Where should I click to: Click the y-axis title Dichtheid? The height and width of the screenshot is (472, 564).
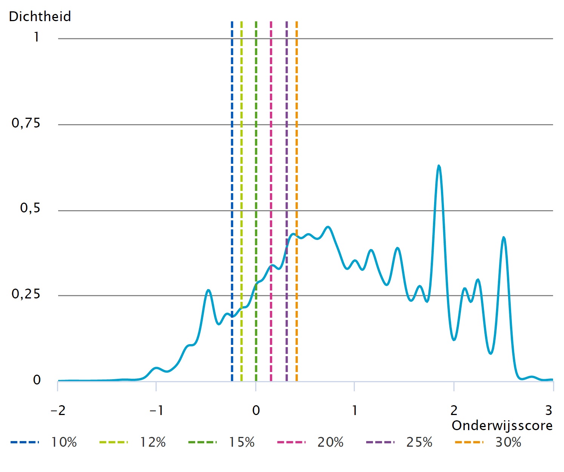click(x=40, y=17)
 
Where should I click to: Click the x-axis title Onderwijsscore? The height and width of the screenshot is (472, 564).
click(x=502, y=426)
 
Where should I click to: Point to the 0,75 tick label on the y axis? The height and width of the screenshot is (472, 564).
click(x=26, y=123)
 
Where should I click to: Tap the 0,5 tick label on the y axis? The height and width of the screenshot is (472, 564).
click(x=30, y=208)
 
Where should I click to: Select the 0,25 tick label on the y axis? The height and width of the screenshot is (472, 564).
click(x=26, y=294)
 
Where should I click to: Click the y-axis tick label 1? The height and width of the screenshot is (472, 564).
click(x=36, y=37)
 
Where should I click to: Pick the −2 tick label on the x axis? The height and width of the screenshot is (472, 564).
click(x=58, y=410)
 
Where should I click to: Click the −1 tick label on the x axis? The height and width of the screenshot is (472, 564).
click(x=156, y=410)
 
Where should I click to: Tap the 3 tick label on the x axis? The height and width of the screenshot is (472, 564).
click(x=549, y=410)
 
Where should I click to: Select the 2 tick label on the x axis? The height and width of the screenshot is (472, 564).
click(x=454, y=410)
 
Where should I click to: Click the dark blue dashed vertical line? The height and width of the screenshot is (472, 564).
click(x=232, y=151)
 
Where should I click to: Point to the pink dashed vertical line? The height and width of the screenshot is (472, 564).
click(x=271, y=151)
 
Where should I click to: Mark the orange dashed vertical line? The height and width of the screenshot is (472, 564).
click(x=297, y=151)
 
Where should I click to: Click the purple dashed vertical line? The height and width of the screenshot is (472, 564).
click(x=287, y=151)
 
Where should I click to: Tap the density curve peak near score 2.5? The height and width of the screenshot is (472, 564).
click(x=504, y=237)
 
